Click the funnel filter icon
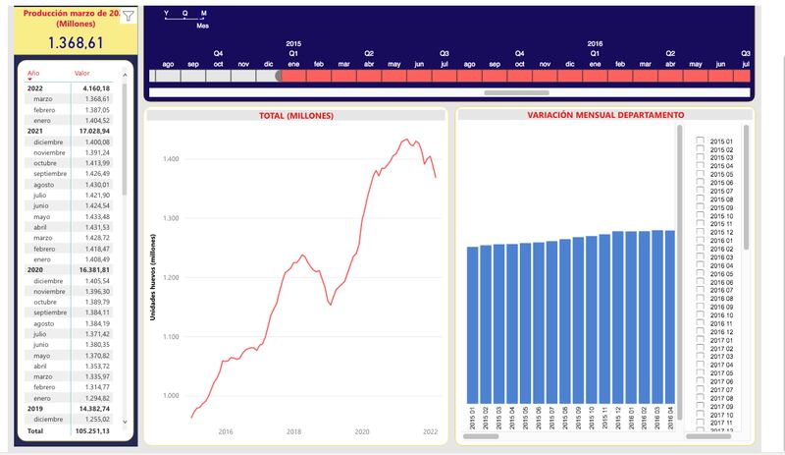coord(128,15)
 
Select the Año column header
coord(34,74)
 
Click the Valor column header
coord(82,74)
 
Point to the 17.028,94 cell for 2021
coord(92,131)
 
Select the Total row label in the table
coord(35,430)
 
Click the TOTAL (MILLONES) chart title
coord(295,116)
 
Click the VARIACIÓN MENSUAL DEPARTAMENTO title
coord(605,116)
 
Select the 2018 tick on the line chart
coord(293,431)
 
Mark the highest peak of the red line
coord(405,139)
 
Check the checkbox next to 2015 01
coord(700,142)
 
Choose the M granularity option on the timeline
coord(203,14)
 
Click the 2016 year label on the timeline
coord(595,44)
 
